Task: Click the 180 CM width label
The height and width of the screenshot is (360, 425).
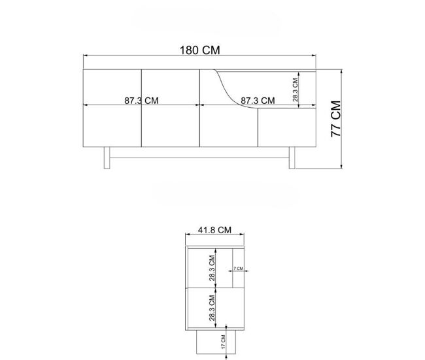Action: click(200, 50)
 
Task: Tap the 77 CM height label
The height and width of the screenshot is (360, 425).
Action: click(336, 119)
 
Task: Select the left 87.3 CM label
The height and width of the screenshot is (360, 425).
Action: click(141, 101)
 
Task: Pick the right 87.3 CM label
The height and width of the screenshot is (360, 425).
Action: click(258, 101)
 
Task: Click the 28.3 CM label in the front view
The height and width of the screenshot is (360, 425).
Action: click(295, 90)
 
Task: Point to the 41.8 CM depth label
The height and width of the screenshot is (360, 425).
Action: click(214, 230)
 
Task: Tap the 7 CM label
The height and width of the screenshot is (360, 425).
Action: click(239, 269)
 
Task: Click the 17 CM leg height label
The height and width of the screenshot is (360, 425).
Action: click(223, 342)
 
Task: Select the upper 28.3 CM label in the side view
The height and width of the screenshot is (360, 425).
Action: click(212, 268)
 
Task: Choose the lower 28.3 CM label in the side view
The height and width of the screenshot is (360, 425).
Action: click(212, 308)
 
